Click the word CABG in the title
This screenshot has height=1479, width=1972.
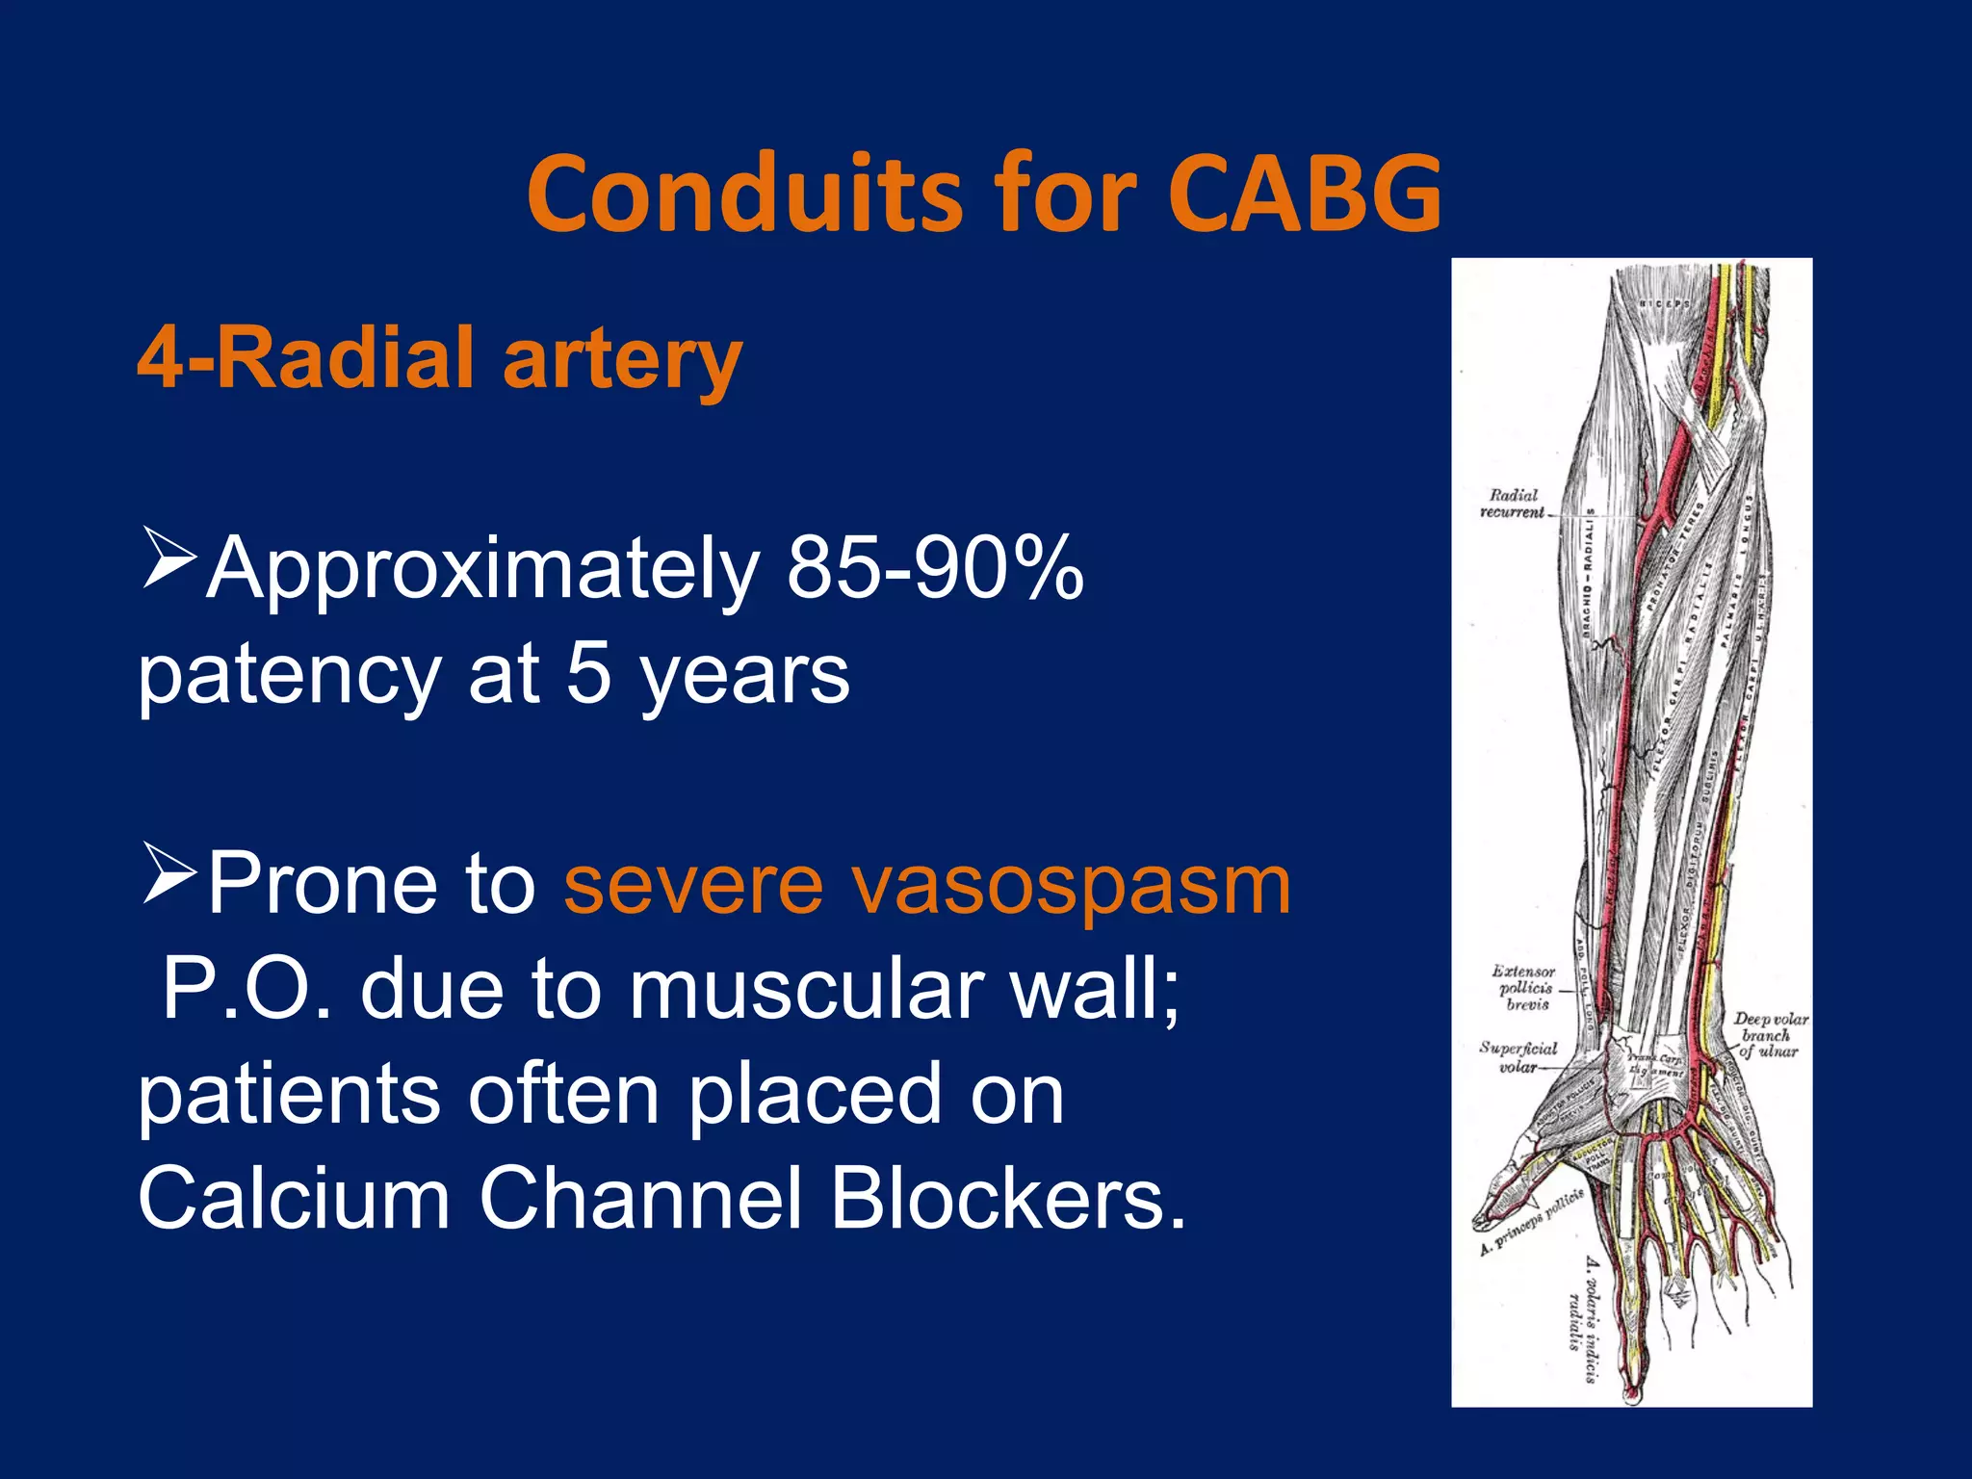[1304, 195]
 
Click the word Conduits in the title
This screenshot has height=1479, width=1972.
[743, 195]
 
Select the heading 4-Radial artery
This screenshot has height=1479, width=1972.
[439, 359]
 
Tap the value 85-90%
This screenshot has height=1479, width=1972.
[935, 569]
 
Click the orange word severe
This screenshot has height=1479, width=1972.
[693, 885]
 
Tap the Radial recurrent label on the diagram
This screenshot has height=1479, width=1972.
[1513, 504]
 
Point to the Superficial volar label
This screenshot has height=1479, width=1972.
[1518, 1056]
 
